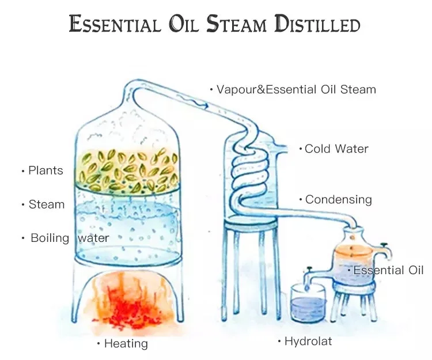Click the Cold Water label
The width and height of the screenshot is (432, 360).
pyautogui.click(x=336, y=149)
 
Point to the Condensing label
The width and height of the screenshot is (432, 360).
pyautogui.click(x=338, y=200)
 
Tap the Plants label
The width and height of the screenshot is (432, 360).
pyautogui.click(x=46, y=170)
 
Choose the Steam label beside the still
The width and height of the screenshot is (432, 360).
pyautogui.click(x=47, y=204)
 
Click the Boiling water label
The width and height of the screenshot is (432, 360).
pyautogui.click(x=69, y=238)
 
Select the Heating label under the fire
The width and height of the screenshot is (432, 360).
pyautogui.click(x=126, y=344)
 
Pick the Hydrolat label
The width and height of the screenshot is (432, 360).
pyautogui.click(x=308, y=342)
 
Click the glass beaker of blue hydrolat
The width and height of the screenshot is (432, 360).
pyautogui.click(x=307, y=304)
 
